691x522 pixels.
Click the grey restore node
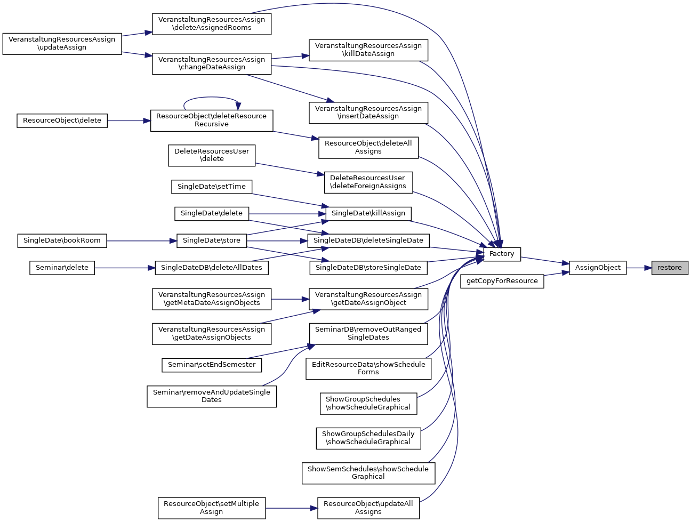coord(670,268)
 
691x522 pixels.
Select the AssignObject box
coord(598,268)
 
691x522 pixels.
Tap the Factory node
coord(502,254)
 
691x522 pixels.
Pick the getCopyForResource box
coord(502,281)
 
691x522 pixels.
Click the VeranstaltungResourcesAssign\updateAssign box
coord(62,43)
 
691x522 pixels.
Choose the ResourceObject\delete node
coord(62,121)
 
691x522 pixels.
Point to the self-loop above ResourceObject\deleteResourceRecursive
coord(211,98)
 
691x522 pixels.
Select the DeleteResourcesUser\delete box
coord(212,155)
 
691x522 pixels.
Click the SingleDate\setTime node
coord(211,187)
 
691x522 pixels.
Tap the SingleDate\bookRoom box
coord(62,240)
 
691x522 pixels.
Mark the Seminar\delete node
coord(62,268)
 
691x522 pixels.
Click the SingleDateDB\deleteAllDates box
coord(211,268)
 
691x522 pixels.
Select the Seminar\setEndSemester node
coord(211,365)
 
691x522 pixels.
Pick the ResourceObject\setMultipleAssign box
coord(211,508)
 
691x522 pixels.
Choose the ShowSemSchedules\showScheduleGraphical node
coord(368,473)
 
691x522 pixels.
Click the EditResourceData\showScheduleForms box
coord(368,368)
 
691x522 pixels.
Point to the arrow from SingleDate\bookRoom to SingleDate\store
coord(141,241)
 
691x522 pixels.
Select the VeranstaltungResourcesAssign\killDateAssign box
coord(368,50)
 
